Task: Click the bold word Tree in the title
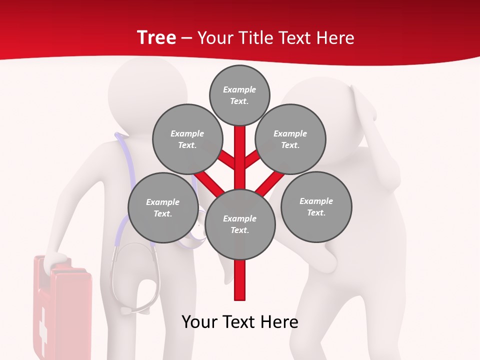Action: click(156, 37)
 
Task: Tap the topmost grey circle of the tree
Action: click(239, 95)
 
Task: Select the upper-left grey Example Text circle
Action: click(187, 139)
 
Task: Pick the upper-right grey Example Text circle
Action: click(290, 139)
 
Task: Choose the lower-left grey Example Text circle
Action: click(163, 207)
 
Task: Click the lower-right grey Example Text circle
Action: click(316, 206)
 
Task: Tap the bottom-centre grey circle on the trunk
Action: click(240, 224)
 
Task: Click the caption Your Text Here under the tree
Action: click(240, 322)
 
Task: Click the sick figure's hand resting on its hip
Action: click(325, 255)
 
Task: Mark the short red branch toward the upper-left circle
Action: click(226, 159)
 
